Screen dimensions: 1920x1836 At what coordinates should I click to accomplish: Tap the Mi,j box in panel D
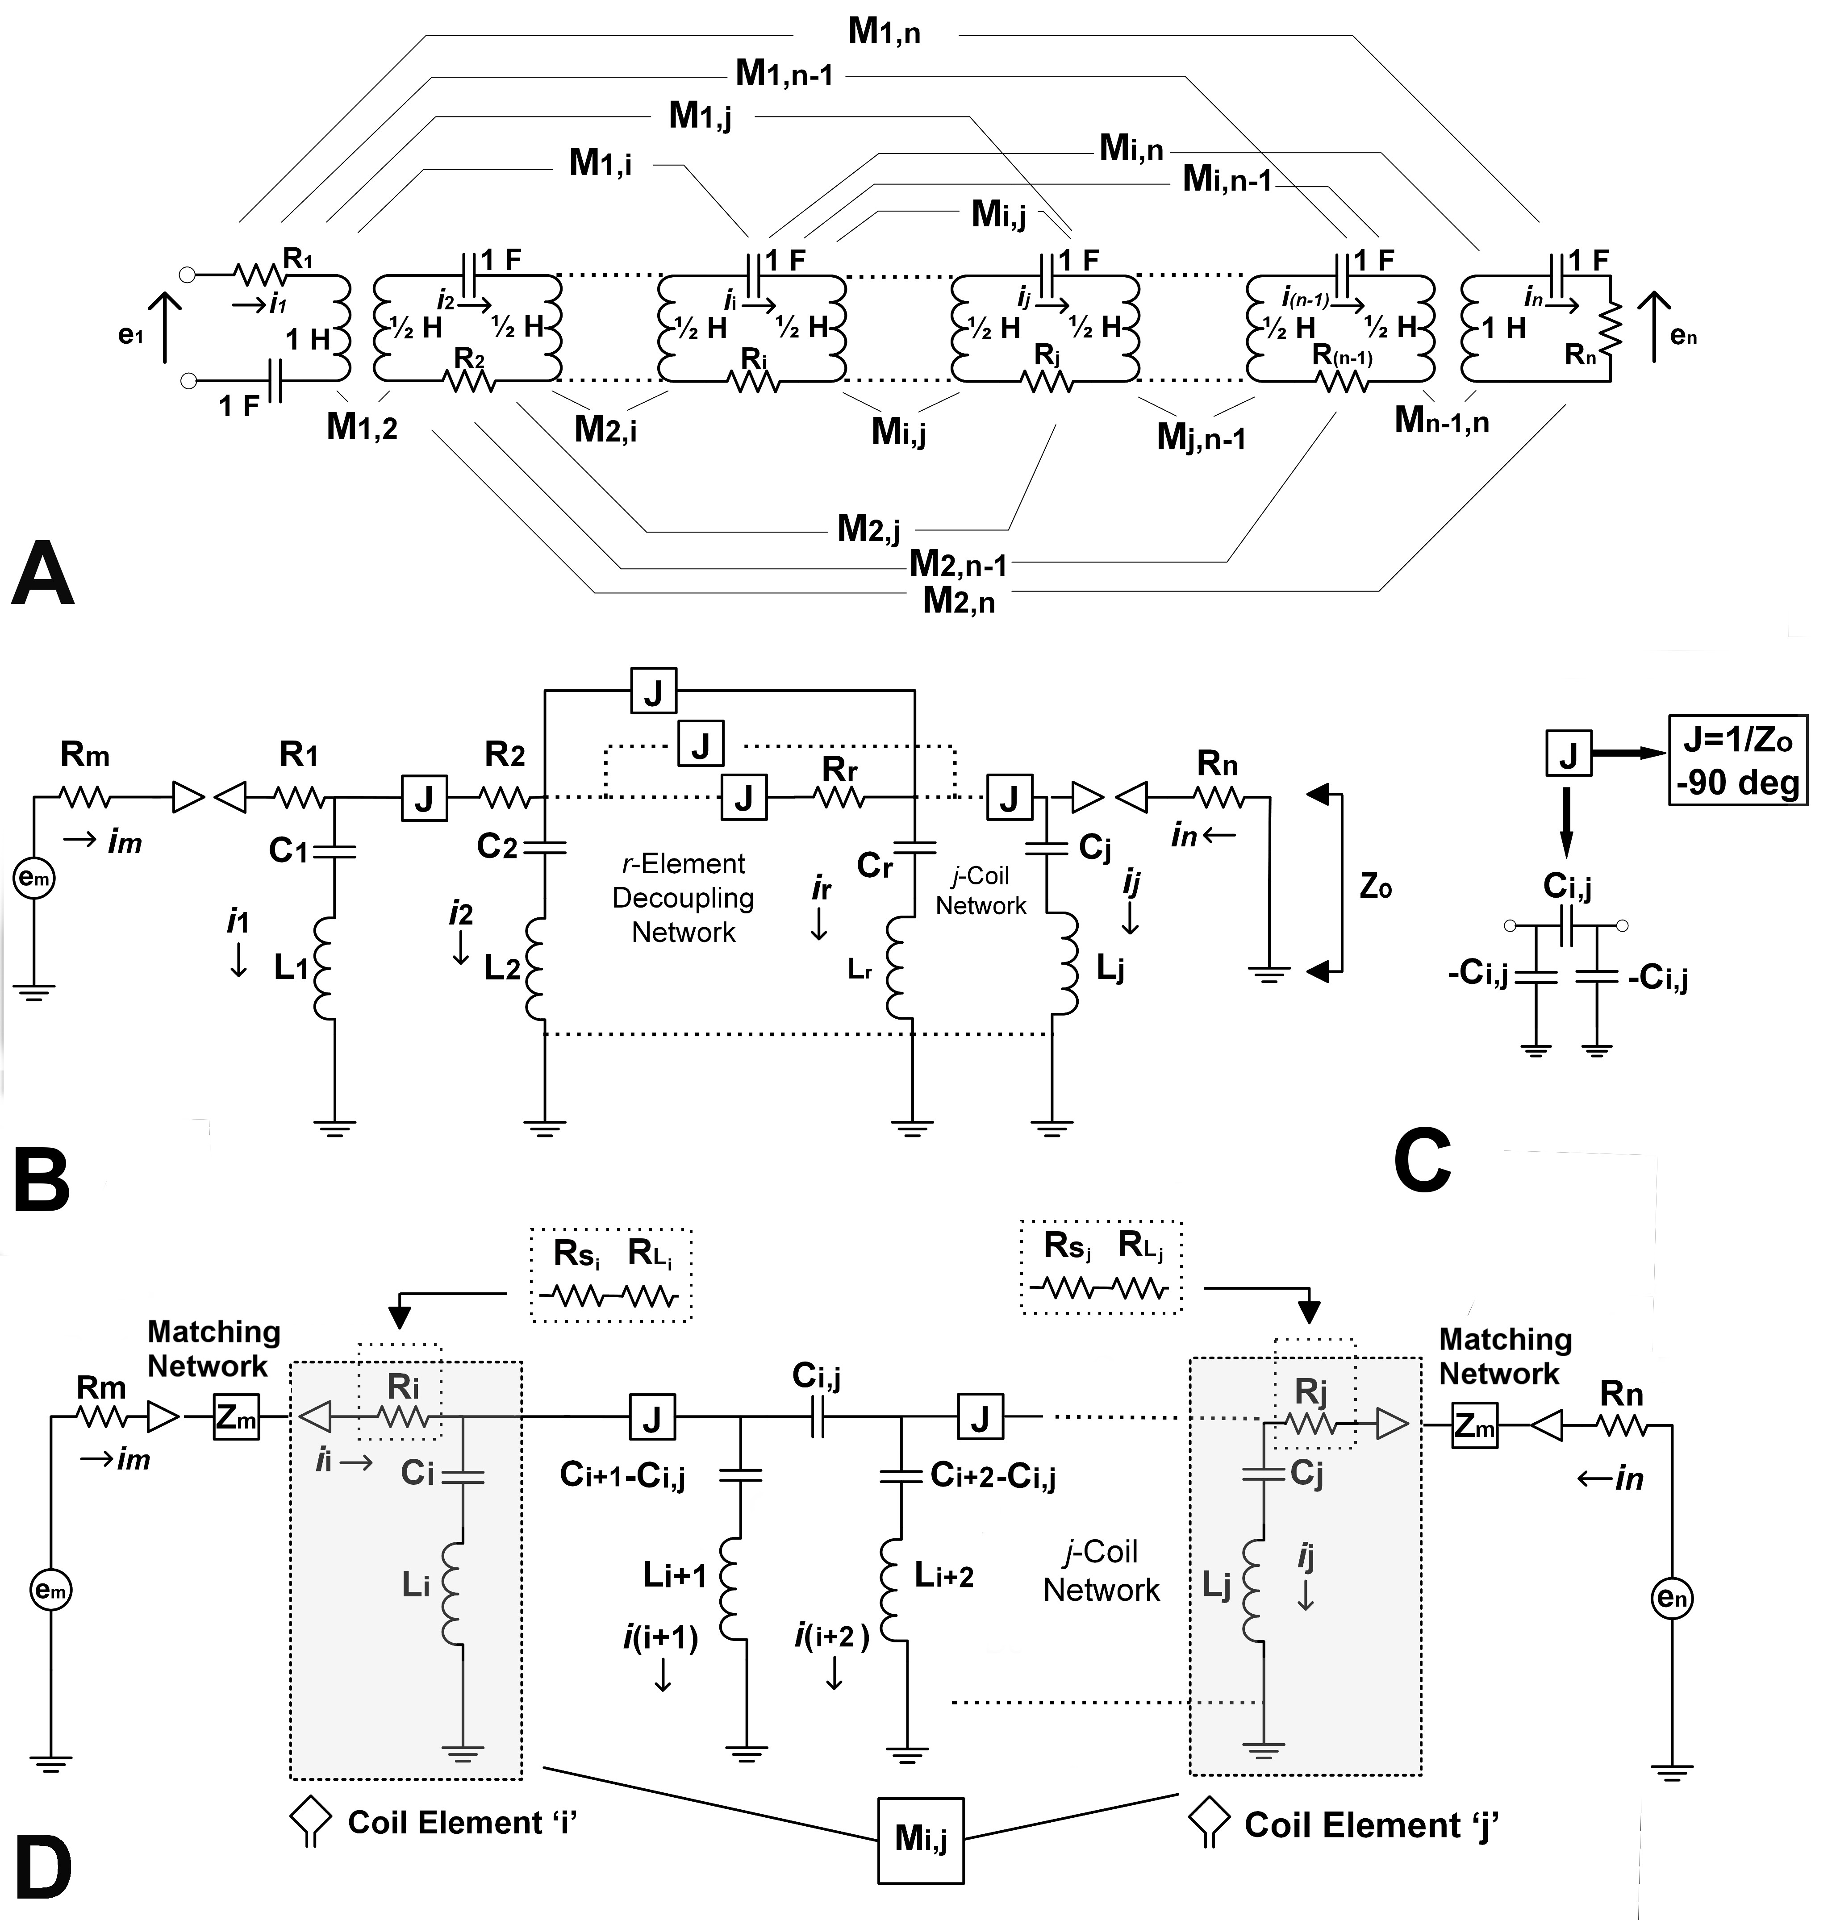[920, 1840]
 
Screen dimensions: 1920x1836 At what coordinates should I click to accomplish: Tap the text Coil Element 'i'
[462, 1822]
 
